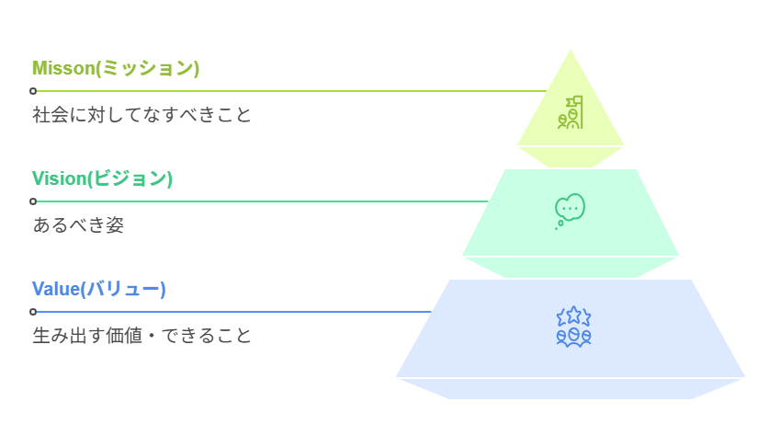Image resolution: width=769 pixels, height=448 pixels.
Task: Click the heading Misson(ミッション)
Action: (115, 68)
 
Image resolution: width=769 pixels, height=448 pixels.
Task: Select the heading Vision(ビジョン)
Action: (102, 178)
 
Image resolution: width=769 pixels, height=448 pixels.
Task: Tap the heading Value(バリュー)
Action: (98, 289)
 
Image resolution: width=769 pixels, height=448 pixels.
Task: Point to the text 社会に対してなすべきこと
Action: (141, 115)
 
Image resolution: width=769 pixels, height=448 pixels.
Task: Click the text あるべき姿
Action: (78, 225)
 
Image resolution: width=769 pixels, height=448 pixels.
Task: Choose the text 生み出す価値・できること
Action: (141, 336)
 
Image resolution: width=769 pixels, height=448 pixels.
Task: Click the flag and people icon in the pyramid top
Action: (571, 112)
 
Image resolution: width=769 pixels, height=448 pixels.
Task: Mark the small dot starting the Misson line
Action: (33, 91)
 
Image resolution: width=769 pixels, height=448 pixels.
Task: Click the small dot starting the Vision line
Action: (33, 201)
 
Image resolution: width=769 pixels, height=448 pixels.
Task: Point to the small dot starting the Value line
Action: (33, 312)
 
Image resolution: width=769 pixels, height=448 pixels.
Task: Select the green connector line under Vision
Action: (257, 201)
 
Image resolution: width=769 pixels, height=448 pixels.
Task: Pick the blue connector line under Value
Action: (230, 312)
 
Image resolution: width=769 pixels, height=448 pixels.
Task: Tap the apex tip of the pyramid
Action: (571, 49)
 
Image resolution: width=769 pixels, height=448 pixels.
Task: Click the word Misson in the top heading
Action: (61, 68)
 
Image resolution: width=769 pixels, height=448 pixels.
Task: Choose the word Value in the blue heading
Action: (55, 289)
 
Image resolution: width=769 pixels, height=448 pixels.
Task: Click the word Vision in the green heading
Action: (59, 178)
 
